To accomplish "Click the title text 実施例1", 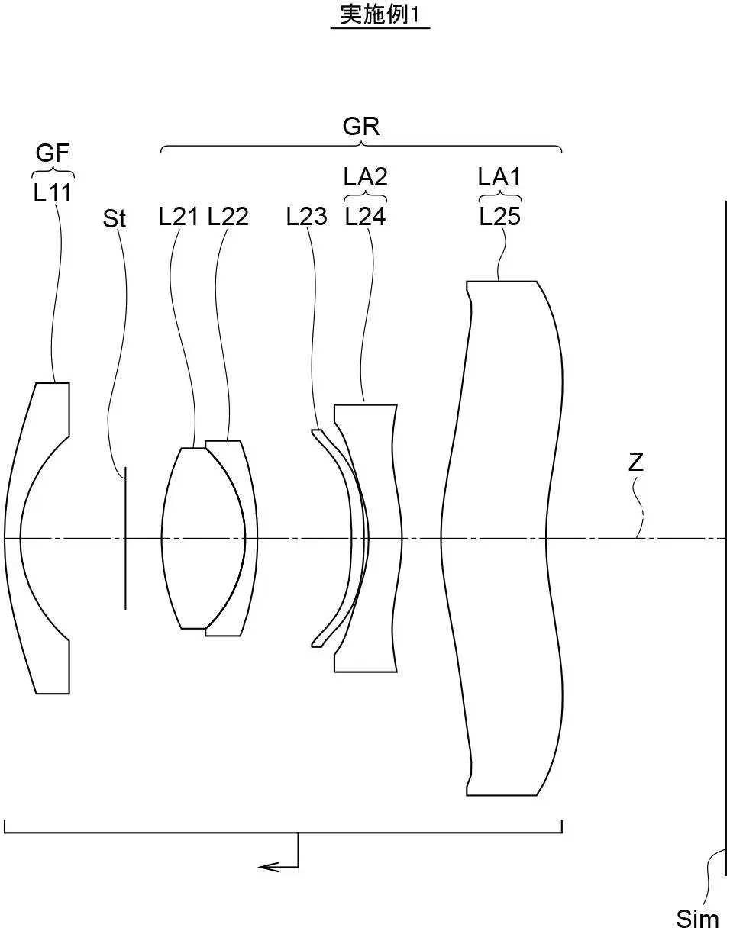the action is click(380, 15).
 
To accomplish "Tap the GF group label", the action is click(52, 153).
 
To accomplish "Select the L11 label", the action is click(52, 193).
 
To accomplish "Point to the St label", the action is click(115, 218).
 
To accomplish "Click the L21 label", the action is click(179, 217).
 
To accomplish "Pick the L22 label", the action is click(228, 217).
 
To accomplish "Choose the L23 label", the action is click(306, 217).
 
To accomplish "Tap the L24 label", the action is click(365, 217).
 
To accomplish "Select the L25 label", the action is click(500, 217).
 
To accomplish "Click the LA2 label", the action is click(365, 176).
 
